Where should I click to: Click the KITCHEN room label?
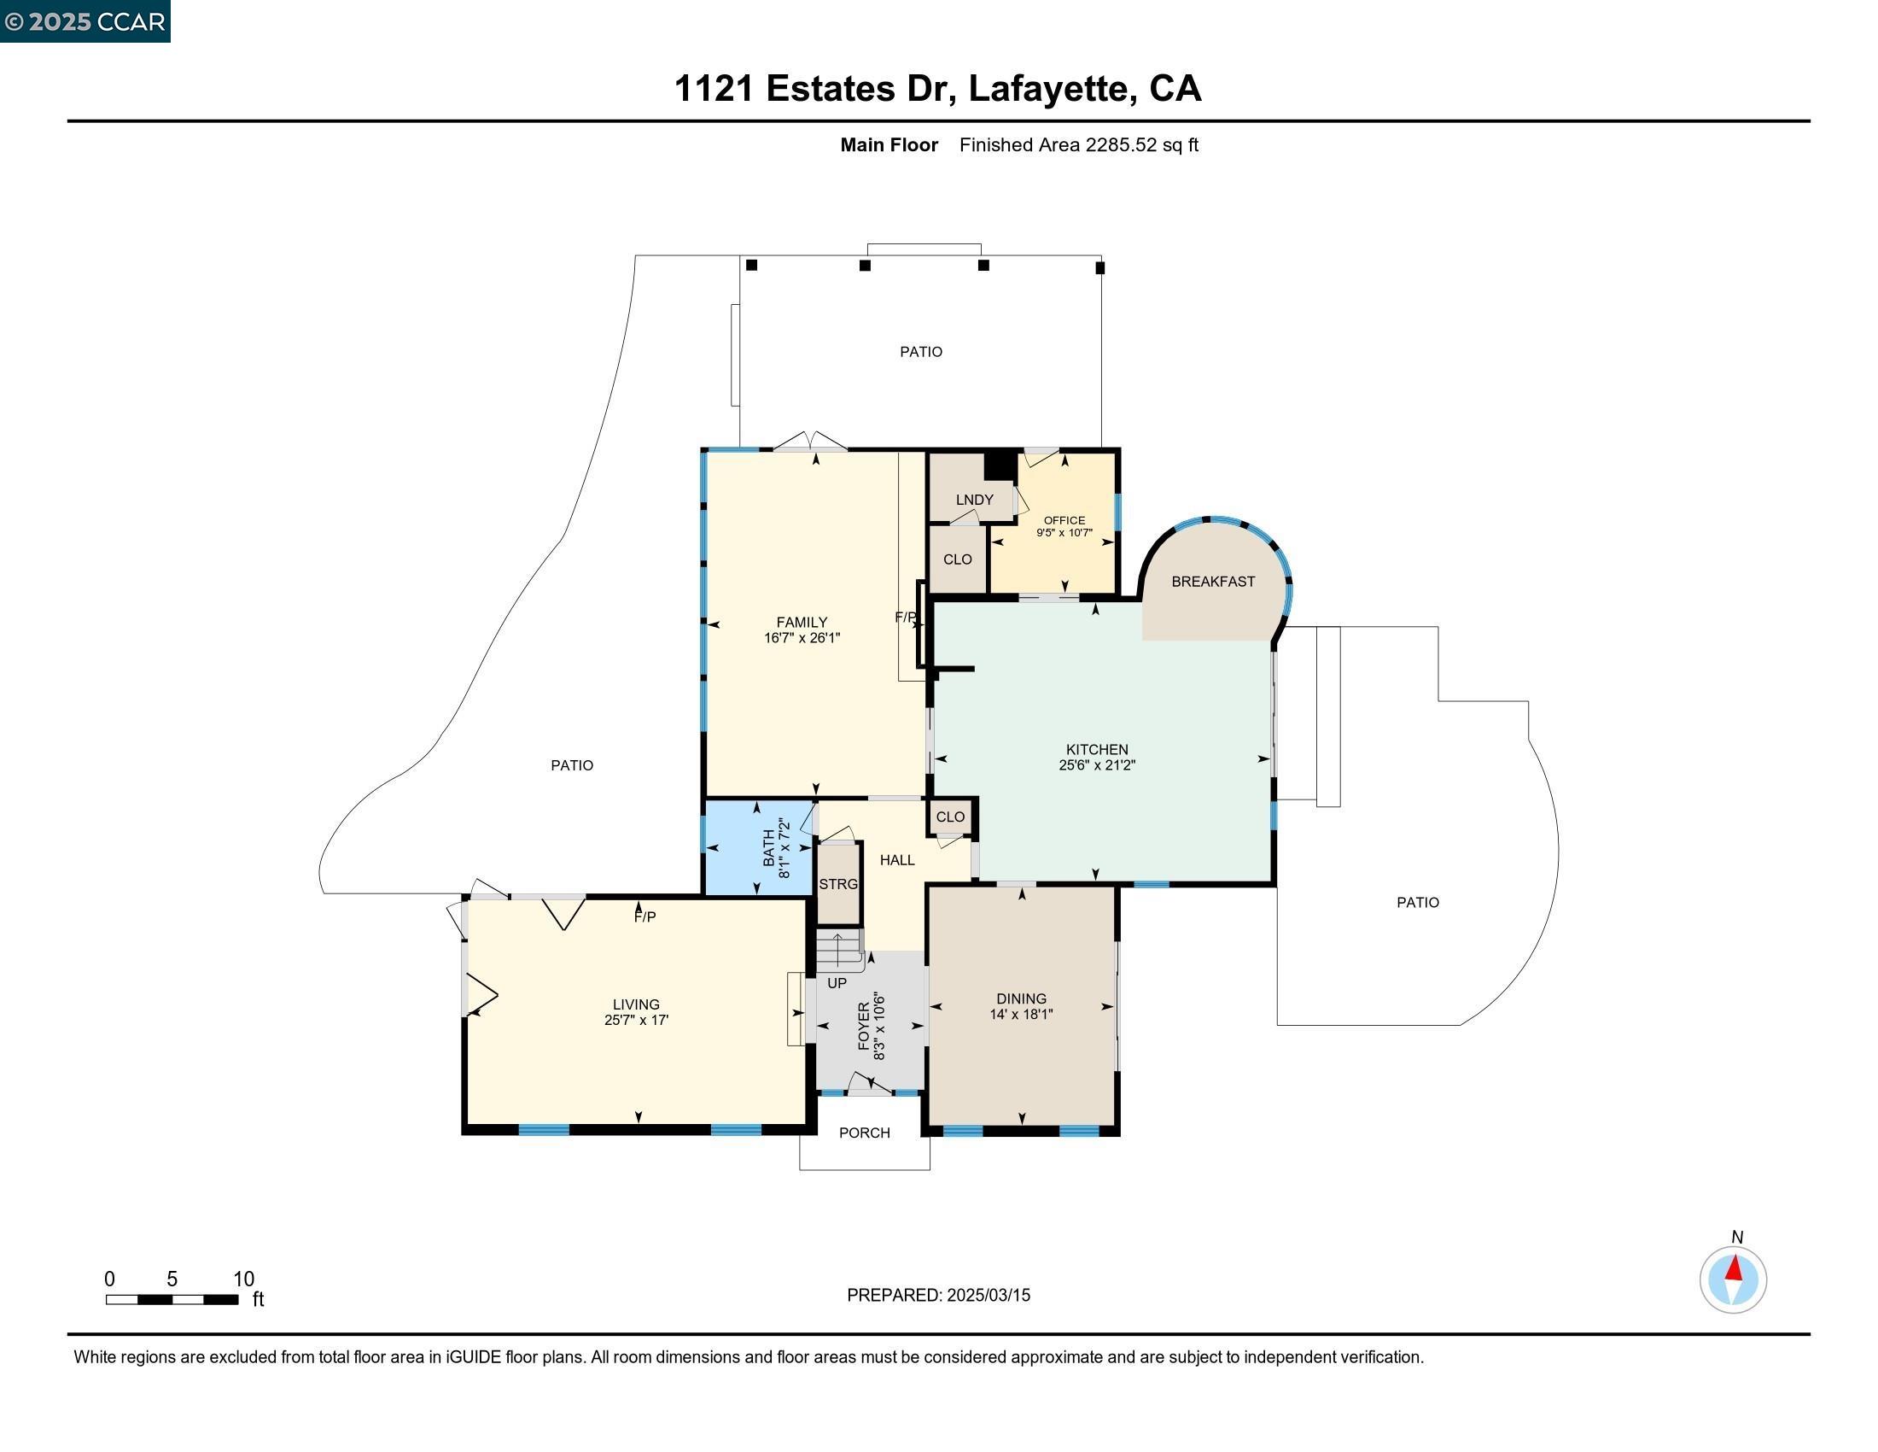tap(1096, 749)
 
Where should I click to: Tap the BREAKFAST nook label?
tap(1212, 582)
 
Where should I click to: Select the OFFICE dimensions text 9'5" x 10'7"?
tap(1064, 532)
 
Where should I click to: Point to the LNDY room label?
tap(974, 500)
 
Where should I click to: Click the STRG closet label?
tap(837, 884)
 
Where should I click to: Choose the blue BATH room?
tap(756, 848)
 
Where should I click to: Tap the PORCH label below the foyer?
tap(864, 1133)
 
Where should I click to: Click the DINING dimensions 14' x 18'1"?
tap(1021, 1014)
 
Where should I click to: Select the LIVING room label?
tap(635, 1004)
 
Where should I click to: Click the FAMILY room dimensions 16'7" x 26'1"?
tap(802, 638)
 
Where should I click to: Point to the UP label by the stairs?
tap(837, 983)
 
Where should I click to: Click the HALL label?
tap(897, 860)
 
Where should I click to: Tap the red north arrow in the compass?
tap(1735, 1268)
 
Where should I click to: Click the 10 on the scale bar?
tap(243, 1279)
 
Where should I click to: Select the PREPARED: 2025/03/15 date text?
tap(938, 1296)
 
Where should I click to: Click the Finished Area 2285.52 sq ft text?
tap(1078, 144)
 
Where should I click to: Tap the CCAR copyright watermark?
tap(85, 21)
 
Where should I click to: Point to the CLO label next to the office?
tap(957, 559)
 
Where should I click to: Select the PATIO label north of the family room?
tap(920, 352)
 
